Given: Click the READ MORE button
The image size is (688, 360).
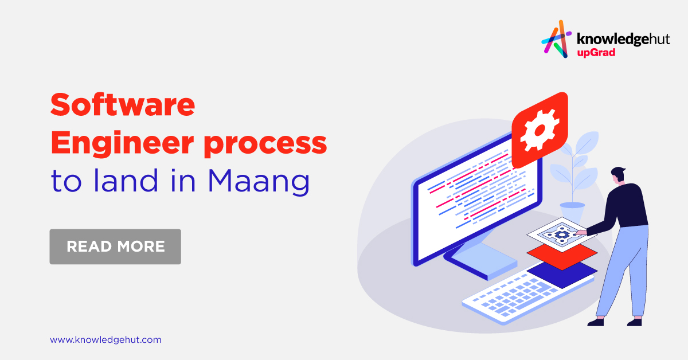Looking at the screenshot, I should [115, 246].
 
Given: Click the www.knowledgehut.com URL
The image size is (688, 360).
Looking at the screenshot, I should [105, 340].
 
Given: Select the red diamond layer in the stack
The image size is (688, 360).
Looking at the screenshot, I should [562, 252].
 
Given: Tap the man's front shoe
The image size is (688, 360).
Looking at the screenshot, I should [595, 322].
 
